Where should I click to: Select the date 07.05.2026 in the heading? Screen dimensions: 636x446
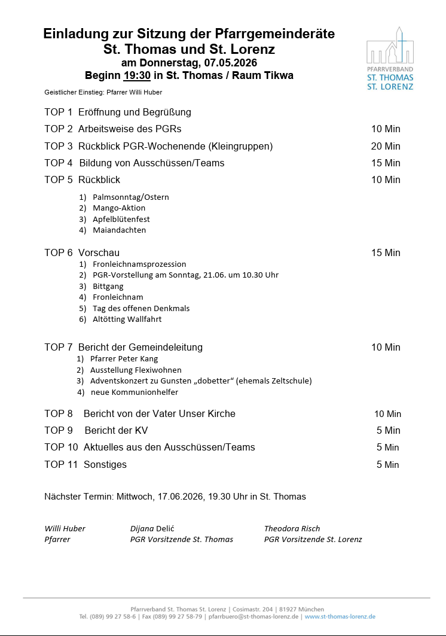230,63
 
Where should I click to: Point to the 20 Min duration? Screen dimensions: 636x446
386,146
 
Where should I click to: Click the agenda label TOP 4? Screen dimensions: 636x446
59,163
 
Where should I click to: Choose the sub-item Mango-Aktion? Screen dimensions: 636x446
119,208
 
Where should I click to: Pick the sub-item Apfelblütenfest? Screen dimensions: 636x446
121,219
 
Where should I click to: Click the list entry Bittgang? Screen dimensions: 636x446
108,286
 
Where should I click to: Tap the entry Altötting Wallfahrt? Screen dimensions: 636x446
127,319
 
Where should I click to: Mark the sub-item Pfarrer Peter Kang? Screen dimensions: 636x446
124,358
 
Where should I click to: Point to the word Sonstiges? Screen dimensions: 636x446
105,464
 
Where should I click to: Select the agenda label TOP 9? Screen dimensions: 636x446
59,430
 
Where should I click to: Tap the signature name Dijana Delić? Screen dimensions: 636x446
152,528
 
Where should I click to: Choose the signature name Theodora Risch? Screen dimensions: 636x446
292,528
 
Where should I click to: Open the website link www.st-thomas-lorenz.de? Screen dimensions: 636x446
340,616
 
